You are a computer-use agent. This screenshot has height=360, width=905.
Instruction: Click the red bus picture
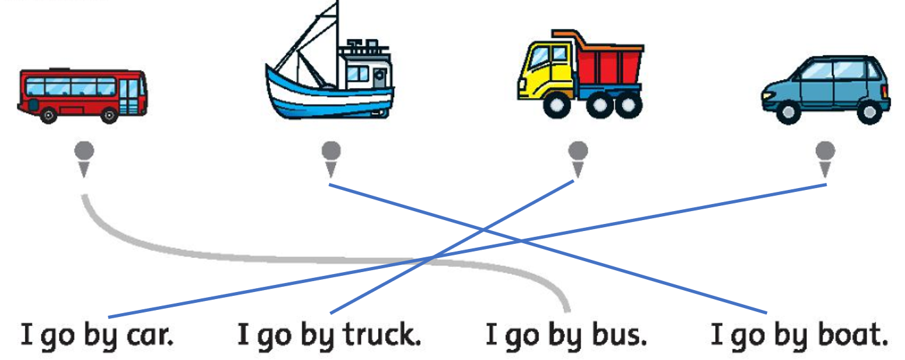(x=82, y=95)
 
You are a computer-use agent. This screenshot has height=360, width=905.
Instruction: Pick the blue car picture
(x=825, y=90)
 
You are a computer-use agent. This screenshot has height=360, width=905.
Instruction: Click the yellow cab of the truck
(x=546, y=67)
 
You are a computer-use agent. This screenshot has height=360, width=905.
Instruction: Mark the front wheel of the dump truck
(x=555, y=106)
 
